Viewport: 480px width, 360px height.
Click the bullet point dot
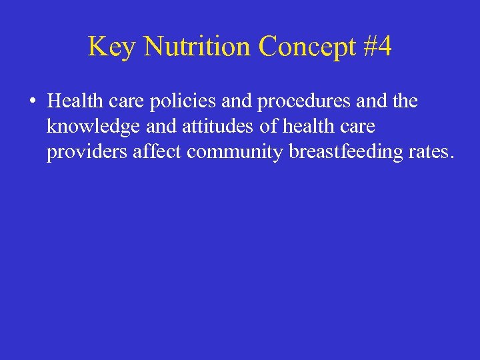pyautogui.click(x=32, y=102)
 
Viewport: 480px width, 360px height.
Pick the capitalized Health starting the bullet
pyautogui.click(x=72, y=101)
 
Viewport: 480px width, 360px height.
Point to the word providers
pyautogui.click(x=87, y=152)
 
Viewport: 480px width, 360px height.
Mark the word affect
pyautogui.click(x=158, y=152)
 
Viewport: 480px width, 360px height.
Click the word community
pyautogui.click(x=236, y=152)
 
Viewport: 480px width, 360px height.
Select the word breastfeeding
pyautogui.click(x=346, y=152)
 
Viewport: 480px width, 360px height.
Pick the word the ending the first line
pyautogui.click(x=404, y=101)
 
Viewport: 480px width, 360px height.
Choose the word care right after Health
pyautogui.click(x=120, y=101)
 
